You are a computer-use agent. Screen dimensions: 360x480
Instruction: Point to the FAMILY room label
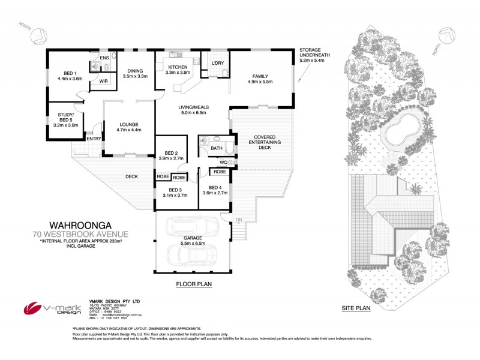click(x=260, y=76)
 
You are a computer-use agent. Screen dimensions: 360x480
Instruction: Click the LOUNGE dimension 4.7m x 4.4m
click(x=128, y=130)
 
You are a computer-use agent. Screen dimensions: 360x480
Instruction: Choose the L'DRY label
click(x=217, y=63)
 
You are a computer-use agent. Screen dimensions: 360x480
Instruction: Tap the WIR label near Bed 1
click(x=103, y=80)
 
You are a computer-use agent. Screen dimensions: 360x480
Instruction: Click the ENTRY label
click(x=94, y=139)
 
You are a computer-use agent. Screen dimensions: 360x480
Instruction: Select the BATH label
click(x=217, y=148)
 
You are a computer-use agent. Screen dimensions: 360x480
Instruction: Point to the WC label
click(x=223, y=162)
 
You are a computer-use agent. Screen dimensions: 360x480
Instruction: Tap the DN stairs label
click(x=239, y=220)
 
